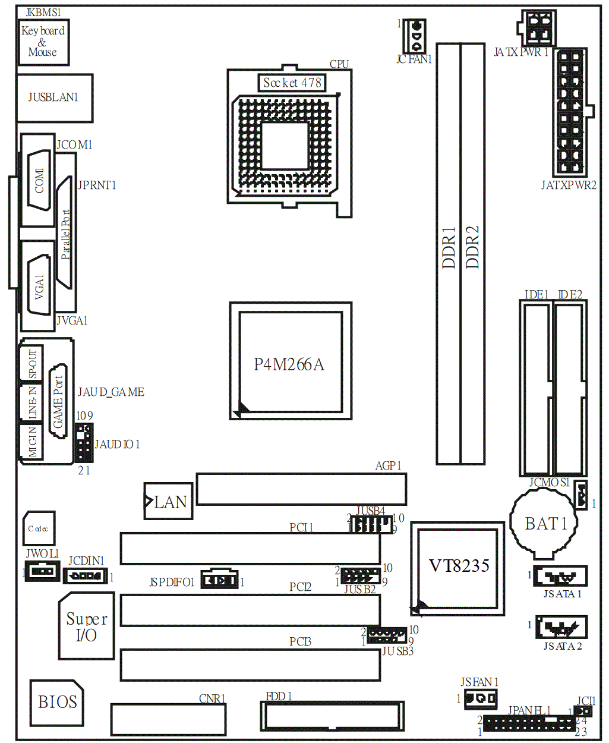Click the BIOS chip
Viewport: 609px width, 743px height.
coord(56,703)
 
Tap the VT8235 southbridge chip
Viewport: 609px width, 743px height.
coord(457,569)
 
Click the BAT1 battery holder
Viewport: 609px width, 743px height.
coord(544,524)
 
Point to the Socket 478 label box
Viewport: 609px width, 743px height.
coord(292,83)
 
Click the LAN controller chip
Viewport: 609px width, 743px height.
coord(168,501)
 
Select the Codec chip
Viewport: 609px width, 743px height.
coord(39,528)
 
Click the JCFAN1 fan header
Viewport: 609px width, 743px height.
coord(415,36)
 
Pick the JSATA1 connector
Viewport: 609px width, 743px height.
coord(560,577)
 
